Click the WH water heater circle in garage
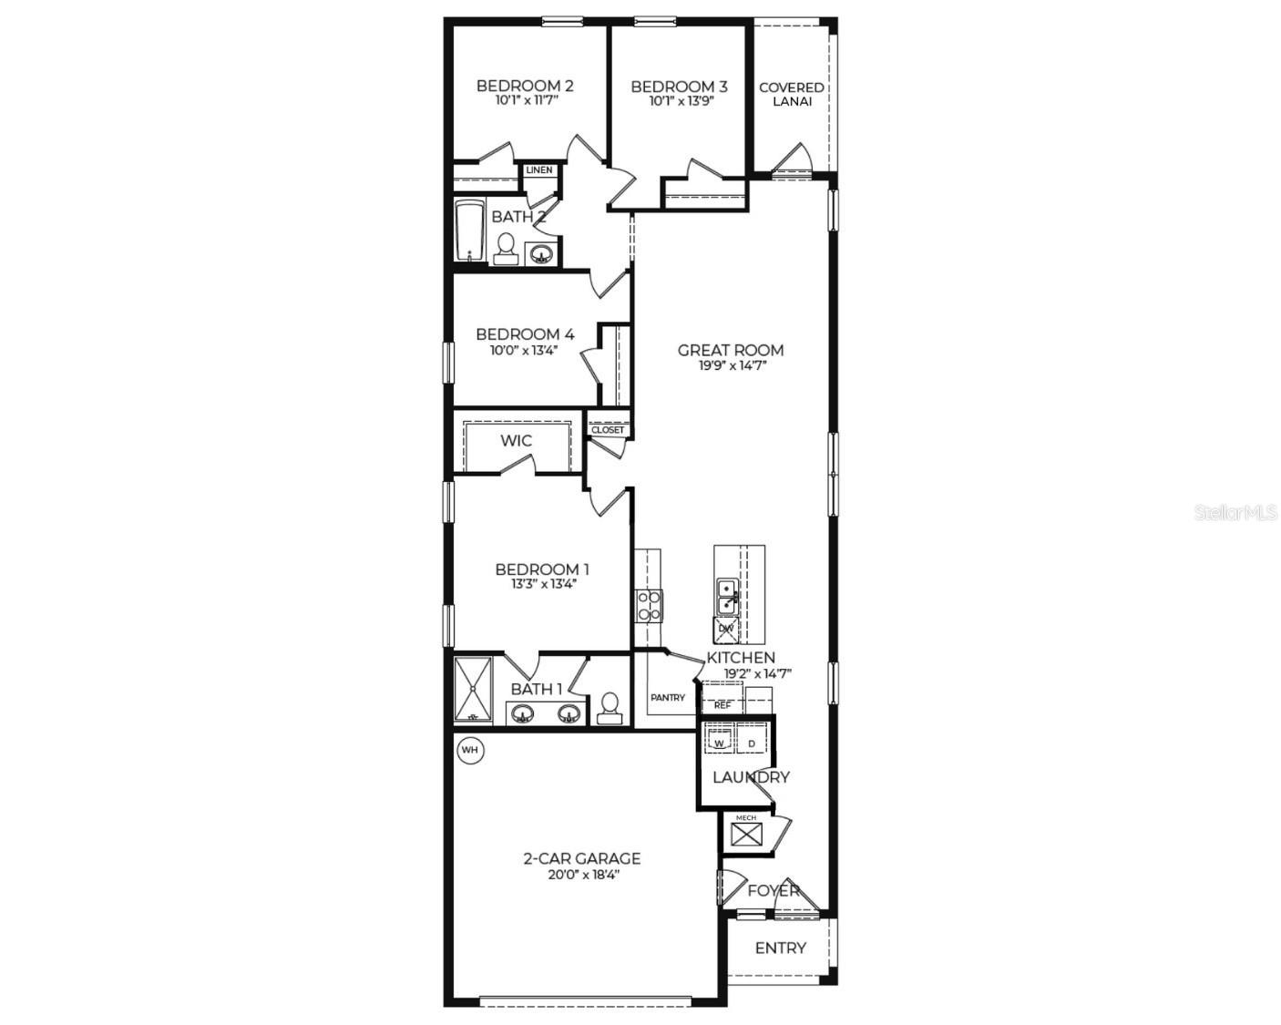[470, 750]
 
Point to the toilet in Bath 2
[506, 246]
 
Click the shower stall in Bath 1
[474, 691]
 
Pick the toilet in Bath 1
[610, 707]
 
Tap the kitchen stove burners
[649, 605]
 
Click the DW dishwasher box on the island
[726, 628]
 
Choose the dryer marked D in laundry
[752, 743]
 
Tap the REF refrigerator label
[722, 704]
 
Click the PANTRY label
[668, 698]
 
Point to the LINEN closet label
[538, 170]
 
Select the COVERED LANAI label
[792, 94]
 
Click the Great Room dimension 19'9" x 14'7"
[730, 365]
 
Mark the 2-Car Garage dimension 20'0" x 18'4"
[581, 874]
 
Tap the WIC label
[516, 441]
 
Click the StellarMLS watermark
[1235, 513]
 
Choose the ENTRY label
[780, 948]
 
